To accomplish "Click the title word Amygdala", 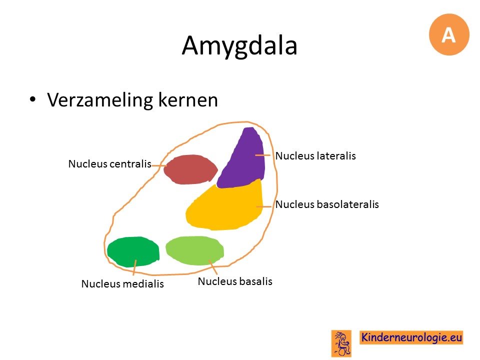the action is pyautogui.click(x=239, y=45).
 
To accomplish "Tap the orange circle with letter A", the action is pyautogui.click(x=449, y=34).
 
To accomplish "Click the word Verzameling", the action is pyautogui.click(x=100, y=100).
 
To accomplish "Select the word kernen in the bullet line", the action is pyautogui.click(x=188, y=99).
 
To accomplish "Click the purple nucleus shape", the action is pyautogui.click(x=243, y=159).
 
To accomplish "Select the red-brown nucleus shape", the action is pyautogui.click(x=190, y=169).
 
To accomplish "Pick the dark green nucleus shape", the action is pyautogui.click(x=133, y=251).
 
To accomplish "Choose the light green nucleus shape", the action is pyautogui.click(x=194, y=250).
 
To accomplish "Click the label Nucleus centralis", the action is pyautogui.click(x=110, y=164).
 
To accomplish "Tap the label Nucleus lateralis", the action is pyautogui.click(x=315, y=156).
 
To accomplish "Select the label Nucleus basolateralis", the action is pyautogui.click(x=327, y=204).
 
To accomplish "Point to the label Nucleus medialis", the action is pyautogui.click(x=122, y=284).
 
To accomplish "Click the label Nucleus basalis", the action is pyautogui.click(x=235, y=281).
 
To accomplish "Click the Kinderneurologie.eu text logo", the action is pyautogui.click(x=411, y=337).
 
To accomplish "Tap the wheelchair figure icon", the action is pyautogui.click(x=341, y=343).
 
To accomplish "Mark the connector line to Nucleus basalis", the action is pyautogui.click(x=213, y=267).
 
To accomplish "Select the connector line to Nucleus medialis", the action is pyautogui.click(x=134, y=267).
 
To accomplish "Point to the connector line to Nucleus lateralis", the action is pyautogui.click(x=263, y=155).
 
